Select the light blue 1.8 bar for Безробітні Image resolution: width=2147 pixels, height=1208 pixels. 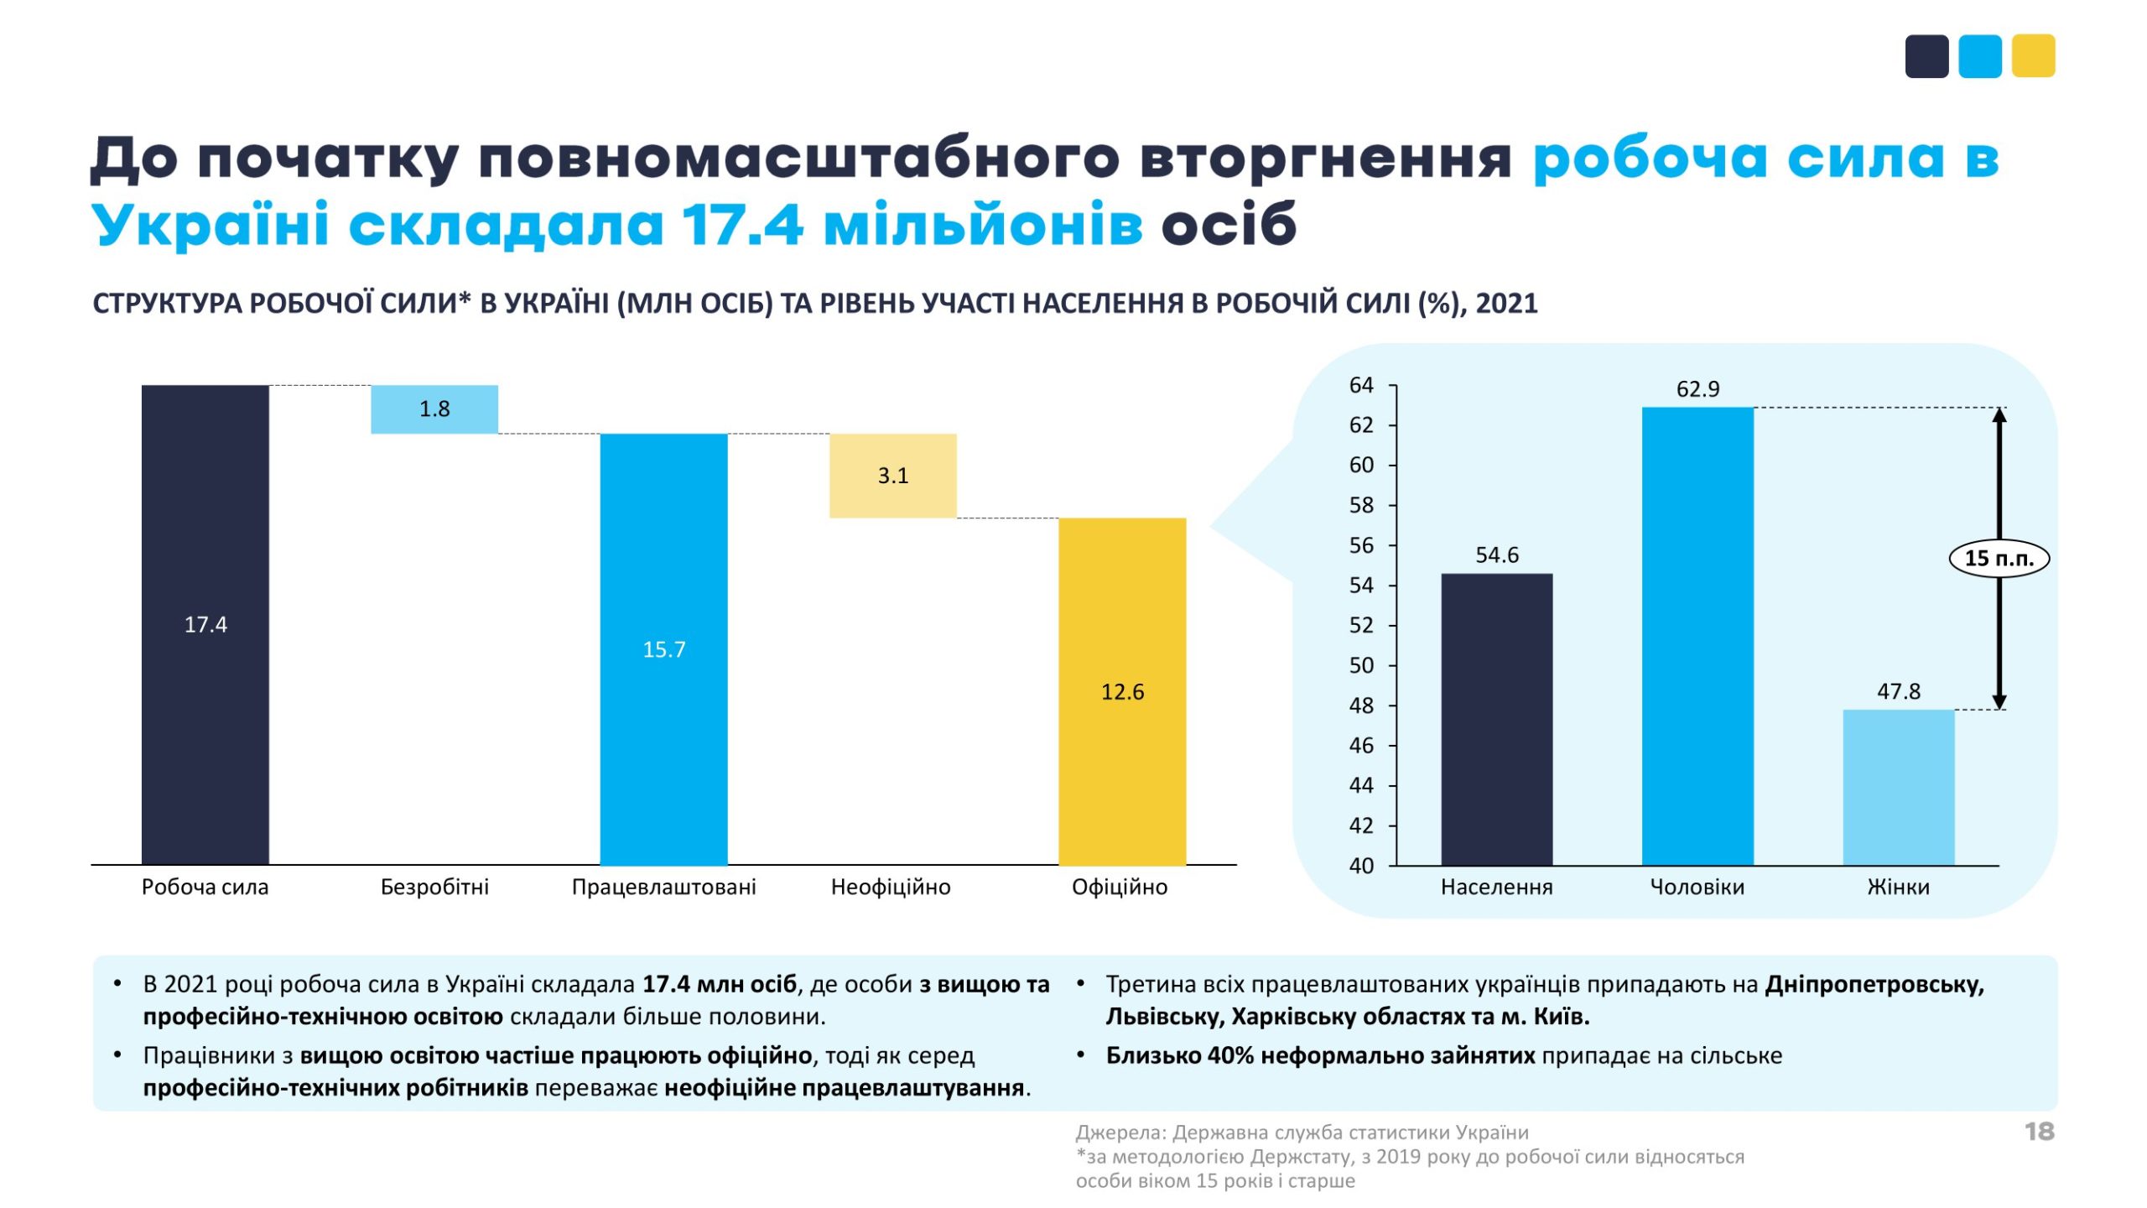(434, 409)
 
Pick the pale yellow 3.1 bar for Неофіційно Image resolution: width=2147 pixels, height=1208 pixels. (892, 476)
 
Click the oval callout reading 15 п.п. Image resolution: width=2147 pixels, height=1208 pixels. (1999, 559)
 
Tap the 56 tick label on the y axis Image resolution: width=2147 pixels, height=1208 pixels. (1361, 546)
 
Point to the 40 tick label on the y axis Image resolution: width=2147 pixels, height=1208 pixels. (1361, 866)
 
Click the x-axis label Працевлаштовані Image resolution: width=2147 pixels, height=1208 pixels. (663, 887)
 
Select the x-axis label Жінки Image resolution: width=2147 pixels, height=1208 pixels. (1898, 887)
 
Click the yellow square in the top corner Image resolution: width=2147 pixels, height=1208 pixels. (2033, 56)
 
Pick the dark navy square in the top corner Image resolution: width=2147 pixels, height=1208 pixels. (1926, 56)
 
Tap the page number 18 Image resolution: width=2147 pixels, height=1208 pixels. (2039, 1132)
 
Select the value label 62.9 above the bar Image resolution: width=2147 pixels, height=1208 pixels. (1697, 389)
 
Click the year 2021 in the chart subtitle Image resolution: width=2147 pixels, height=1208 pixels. (1506, 303)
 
